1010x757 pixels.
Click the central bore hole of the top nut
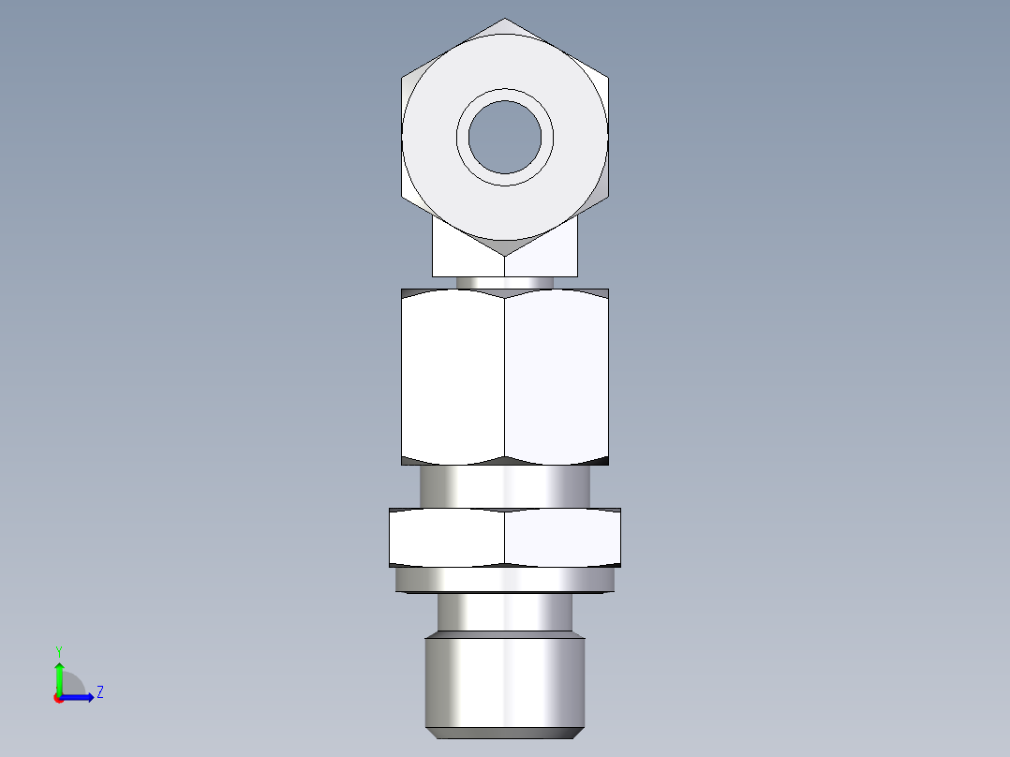click(x=505, y=137)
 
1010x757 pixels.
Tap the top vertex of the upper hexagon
click(x=506, y=19)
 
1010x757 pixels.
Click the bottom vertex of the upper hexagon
click(x=505, y=255)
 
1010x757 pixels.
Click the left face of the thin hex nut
click(x=448, y=538)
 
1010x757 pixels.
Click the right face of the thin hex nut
click(x=562, y=538)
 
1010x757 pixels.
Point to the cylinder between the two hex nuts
click(x=505, y=487)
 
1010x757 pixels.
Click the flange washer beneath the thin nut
click(x=505, y=581)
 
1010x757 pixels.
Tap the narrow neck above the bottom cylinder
click(x=505, y=614)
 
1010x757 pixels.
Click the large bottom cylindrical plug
click(x=505, y=682)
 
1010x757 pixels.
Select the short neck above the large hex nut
click(x=505, y=282)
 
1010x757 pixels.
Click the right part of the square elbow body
click(x=560, y=255)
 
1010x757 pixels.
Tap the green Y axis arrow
click(x=59, y=675)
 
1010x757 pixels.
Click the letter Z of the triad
click(x=99, y=693)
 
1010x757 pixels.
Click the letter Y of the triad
click(x=58, y=650)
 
